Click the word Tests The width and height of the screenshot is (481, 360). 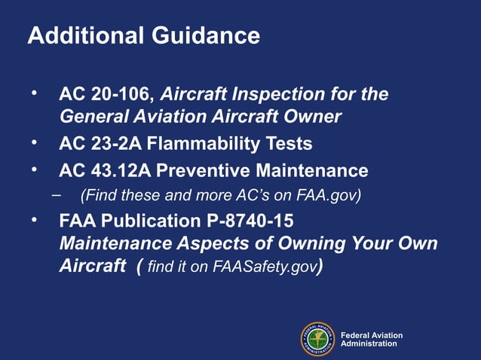[289, 143]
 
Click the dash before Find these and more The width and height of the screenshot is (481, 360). [57, 194]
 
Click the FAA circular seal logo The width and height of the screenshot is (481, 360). [318, 339]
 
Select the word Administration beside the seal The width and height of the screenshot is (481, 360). [369, 343]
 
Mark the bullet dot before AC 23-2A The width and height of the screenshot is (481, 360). [34, 141]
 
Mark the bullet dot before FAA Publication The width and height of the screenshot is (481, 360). [34, 219]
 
